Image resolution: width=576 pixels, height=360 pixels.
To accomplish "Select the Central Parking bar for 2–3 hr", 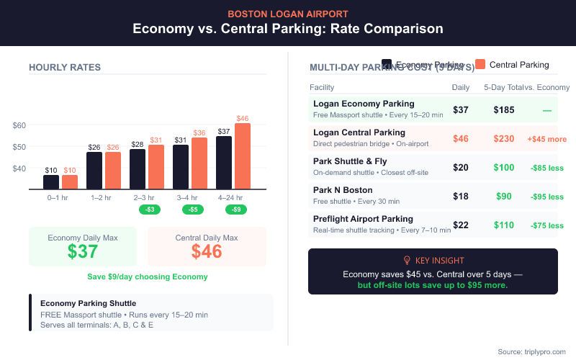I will (156, 167).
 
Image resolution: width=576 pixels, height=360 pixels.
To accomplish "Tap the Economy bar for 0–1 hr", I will (51, 182).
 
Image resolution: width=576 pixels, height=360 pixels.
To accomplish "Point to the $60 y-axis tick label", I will (19, 125).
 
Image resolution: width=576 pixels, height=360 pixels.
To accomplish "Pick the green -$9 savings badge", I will (233, 210).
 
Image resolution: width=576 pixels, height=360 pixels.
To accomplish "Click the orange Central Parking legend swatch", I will (480, 65).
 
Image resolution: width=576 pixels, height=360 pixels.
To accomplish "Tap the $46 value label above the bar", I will (243, 118).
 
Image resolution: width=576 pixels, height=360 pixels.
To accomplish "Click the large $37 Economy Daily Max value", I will (82, 251).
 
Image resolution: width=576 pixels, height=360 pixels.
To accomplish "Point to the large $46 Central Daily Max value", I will (207, 251).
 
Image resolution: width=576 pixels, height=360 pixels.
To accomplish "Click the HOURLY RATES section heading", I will (65, 68).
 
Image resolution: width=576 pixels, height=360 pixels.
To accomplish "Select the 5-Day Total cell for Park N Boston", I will (504, 197).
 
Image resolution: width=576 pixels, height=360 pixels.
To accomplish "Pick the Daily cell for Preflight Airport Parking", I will (461, 225).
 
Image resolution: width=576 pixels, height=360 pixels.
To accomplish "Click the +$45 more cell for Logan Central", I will (548, 139).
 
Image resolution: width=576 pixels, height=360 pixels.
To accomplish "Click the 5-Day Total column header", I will (503, 88).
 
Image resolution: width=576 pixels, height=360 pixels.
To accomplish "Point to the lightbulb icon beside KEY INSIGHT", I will (406, 261).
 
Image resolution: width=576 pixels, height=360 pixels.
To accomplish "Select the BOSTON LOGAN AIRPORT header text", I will (288, 14).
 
